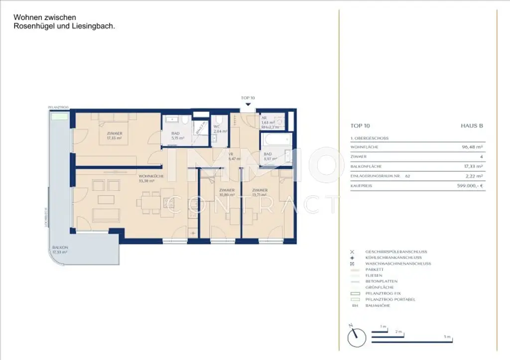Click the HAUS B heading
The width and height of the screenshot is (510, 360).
tap(472, 126)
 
